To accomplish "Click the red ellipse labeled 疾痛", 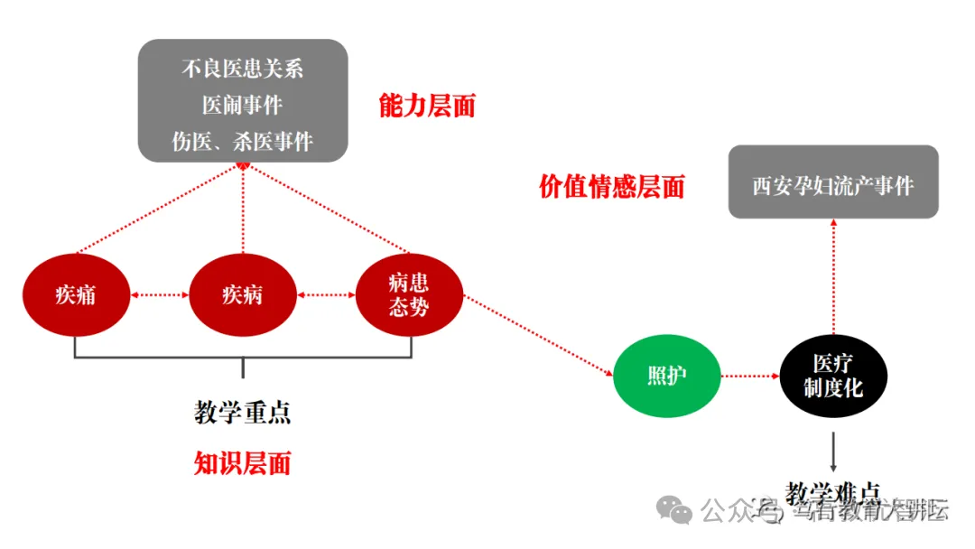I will [x=75, y=294].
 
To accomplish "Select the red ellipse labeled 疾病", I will [x=243, y=294].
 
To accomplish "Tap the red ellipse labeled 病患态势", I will [x=409, y=294].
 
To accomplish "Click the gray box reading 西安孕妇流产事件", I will [x=833, y=185].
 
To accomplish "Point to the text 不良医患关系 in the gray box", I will [x=243, y=69].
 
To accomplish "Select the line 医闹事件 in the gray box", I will [x=243, y=105].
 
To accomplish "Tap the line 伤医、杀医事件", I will [x=243, y=141].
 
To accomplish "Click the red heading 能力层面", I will [x=427, y=106].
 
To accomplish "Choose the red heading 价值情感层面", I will [x=611, y=186].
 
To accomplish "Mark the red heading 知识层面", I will [x=243, y=463].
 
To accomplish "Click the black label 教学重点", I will [x=243, y=413].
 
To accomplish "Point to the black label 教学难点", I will [x=832, y=493].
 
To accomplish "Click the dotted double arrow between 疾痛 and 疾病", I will [x=159, y=294].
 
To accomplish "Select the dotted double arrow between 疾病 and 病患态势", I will [x=326, y=294].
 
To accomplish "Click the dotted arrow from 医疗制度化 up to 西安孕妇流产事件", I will [x=833, y=275].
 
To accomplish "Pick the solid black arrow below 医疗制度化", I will [x=833, y=449].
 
